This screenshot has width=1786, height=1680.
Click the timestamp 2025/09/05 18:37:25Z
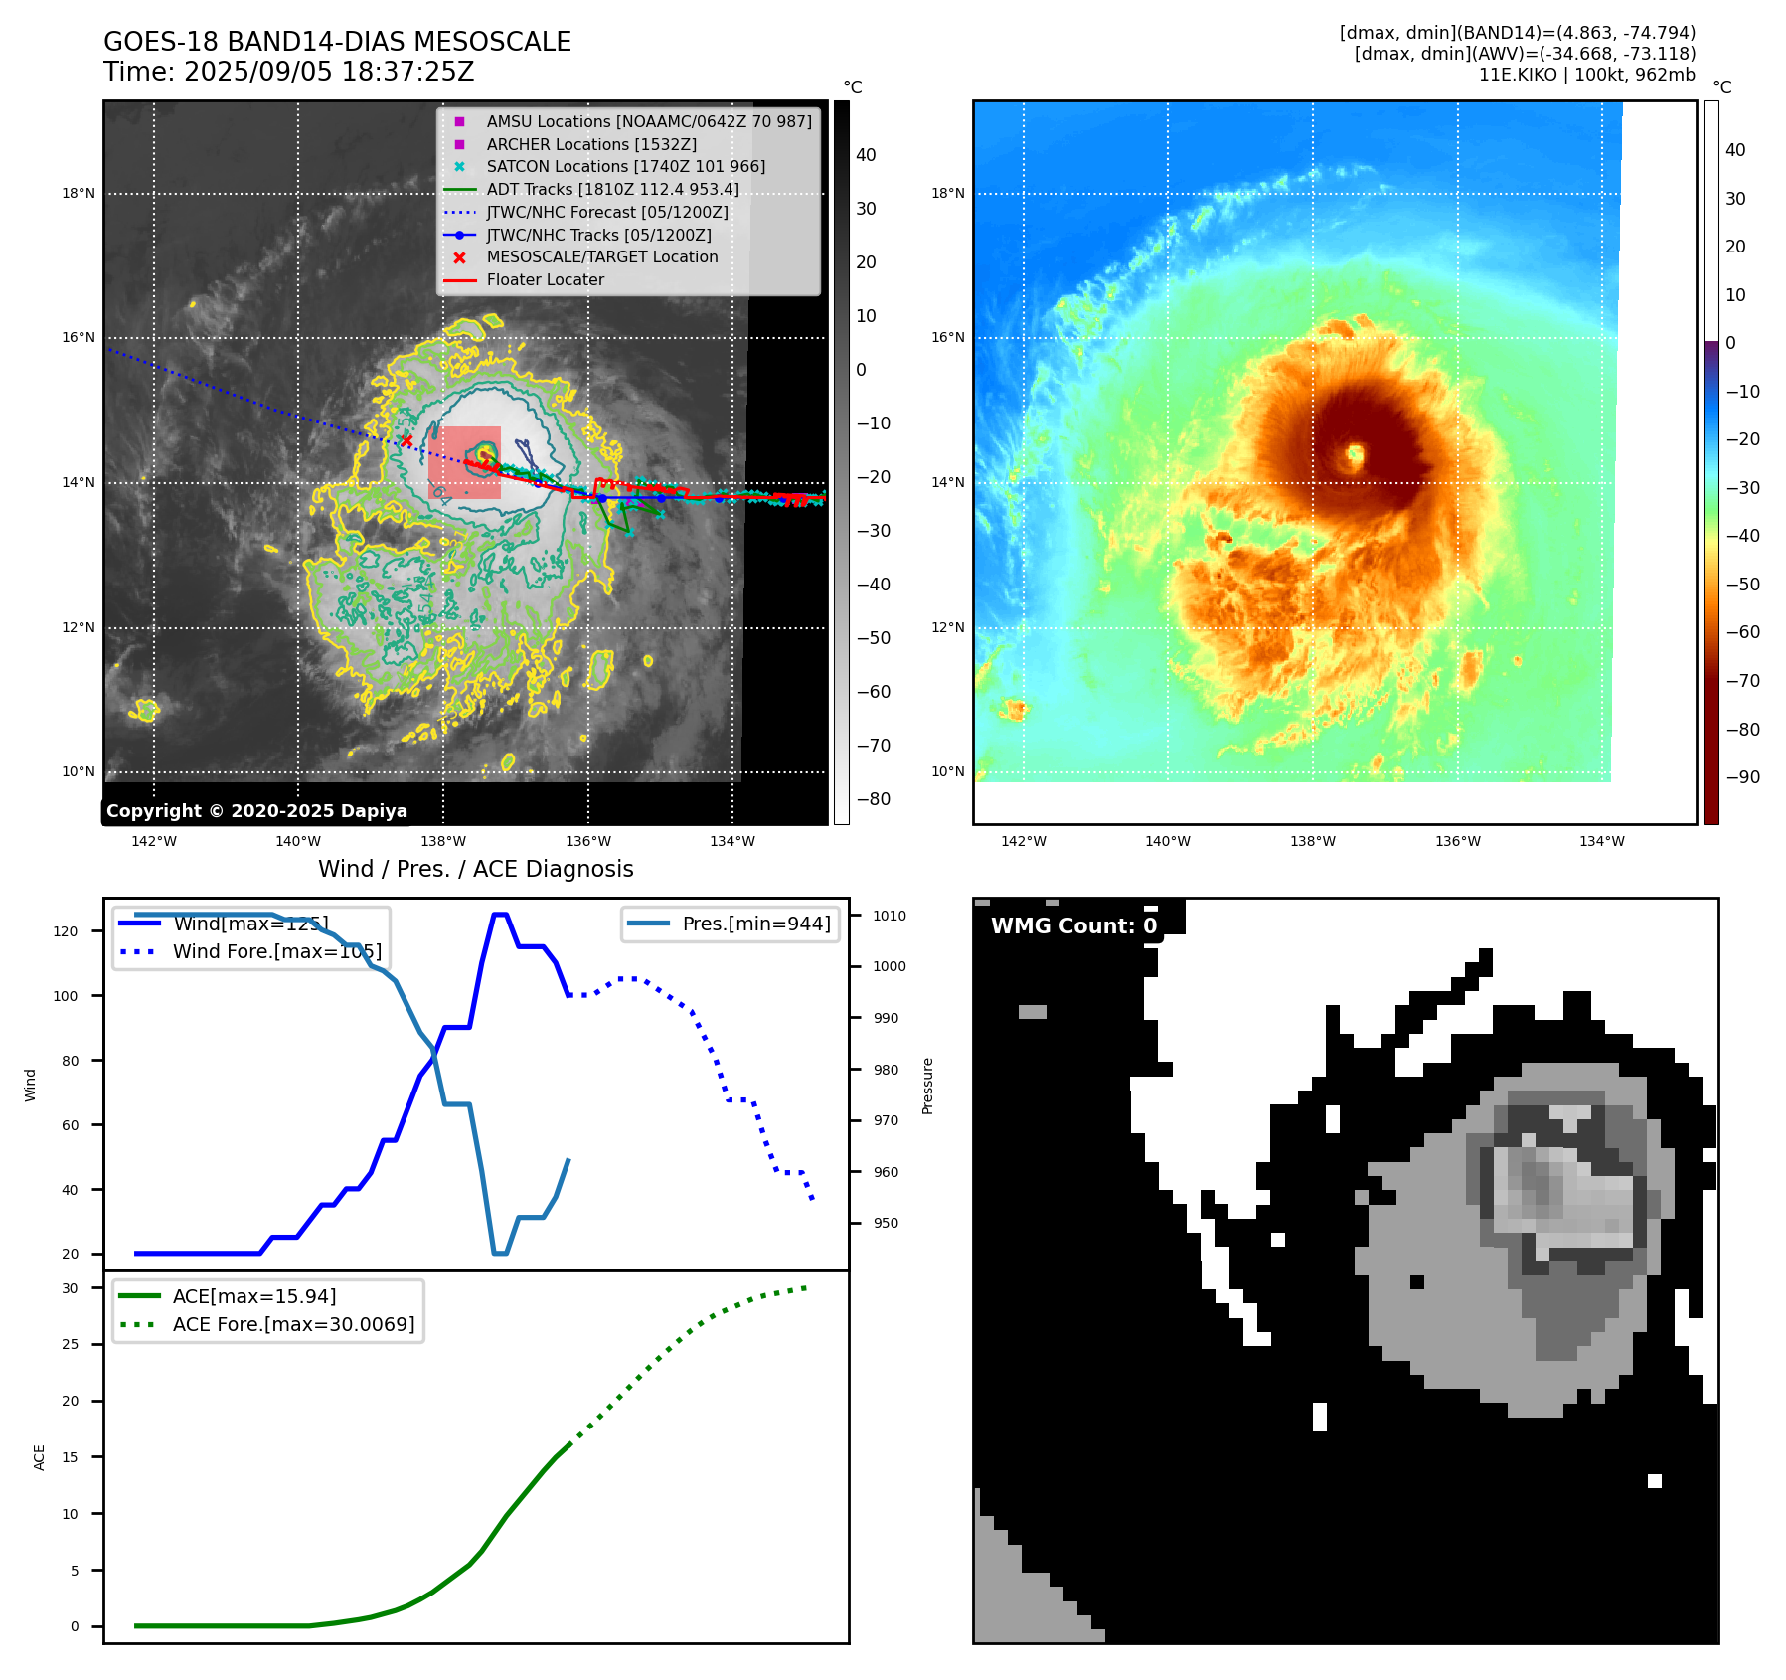tap(329, 73)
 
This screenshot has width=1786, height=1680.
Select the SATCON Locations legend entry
tap(625, 167)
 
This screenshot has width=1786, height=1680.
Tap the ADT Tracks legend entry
tap(612, 190)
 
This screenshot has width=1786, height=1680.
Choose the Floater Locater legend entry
tap(545, 280)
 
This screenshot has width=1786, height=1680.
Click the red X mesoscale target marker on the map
tap(406, 441)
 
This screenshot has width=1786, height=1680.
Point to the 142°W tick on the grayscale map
tap(154, 841)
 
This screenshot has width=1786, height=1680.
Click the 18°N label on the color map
tap(947, 194)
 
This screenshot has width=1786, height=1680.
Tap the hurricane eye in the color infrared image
tap(1355, 456)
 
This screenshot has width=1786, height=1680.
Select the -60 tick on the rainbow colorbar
tap(1742, 632)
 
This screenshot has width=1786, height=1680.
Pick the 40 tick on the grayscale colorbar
tap(866, 155)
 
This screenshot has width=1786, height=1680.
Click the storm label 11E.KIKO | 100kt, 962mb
tap(1586, 75)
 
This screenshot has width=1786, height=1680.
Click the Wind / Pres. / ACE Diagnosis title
tap(475, 869)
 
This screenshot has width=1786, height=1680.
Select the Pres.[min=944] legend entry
tap(755, 924)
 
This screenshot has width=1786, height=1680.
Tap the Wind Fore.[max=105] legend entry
tap(276, 951)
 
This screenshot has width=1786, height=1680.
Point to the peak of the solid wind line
tap(500, 915)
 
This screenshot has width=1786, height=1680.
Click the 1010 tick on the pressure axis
tap(890, 916)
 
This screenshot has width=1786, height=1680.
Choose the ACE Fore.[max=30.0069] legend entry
tap(293, 1324)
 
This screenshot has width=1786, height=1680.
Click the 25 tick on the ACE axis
tap(71, 1344)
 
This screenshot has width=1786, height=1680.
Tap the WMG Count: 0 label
tap(1073, 926)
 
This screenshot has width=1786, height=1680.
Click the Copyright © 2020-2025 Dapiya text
tap(256, 811)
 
